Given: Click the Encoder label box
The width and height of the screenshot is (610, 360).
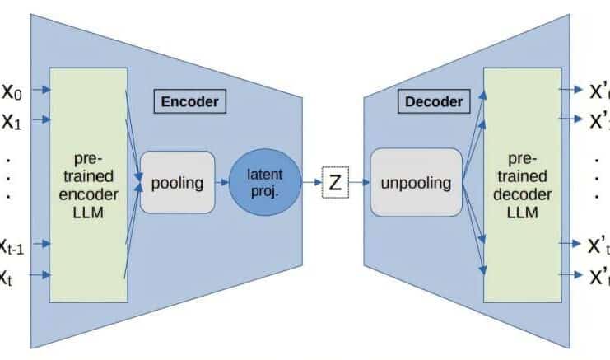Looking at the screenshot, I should pos(189,101).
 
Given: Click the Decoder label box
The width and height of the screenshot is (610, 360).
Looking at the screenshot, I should pos(433,101).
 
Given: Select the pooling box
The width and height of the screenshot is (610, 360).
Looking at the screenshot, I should pos(177,182).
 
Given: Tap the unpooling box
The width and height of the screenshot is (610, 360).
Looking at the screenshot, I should pos(415,182).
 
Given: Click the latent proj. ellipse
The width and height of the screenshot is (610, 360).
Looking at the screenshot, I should pos(265,181).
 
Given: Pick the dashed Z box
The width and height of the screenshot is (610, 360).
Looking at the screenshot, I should pos(335,183).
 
